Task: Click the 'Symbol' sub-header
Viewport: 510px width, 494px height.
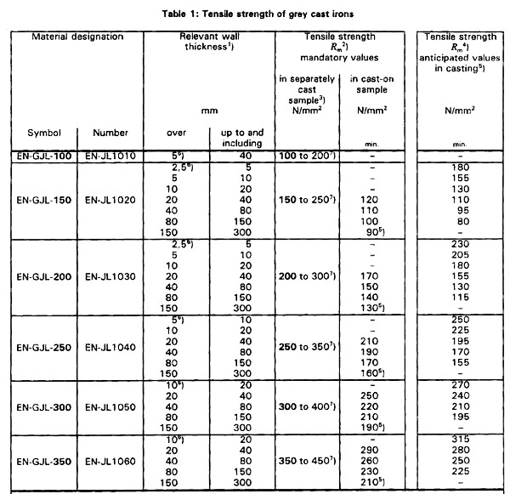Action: click(x=43, y=133)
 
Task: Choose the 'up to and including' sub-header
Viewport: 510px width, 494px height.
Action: click(x=242, y=137)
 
